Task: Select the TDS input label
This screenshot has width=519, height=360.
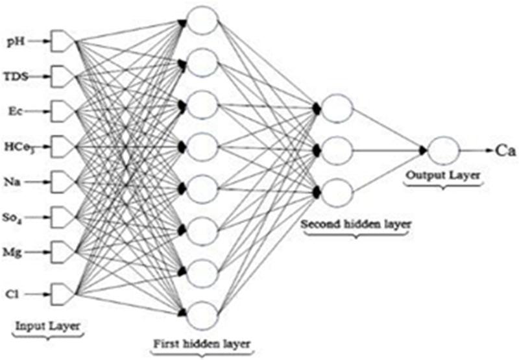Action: [x=18, y=77]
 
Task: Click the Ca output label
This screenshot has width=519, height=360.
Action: [x=505, y=150]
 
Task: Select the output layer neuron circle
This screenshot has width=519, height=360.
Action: [x=443, y=150]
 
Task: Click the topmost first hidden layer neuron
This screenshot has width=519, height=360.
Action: [x=203, y=19]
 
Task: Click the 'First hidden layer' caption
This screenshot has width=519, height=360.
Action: [x=200, y=342]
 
